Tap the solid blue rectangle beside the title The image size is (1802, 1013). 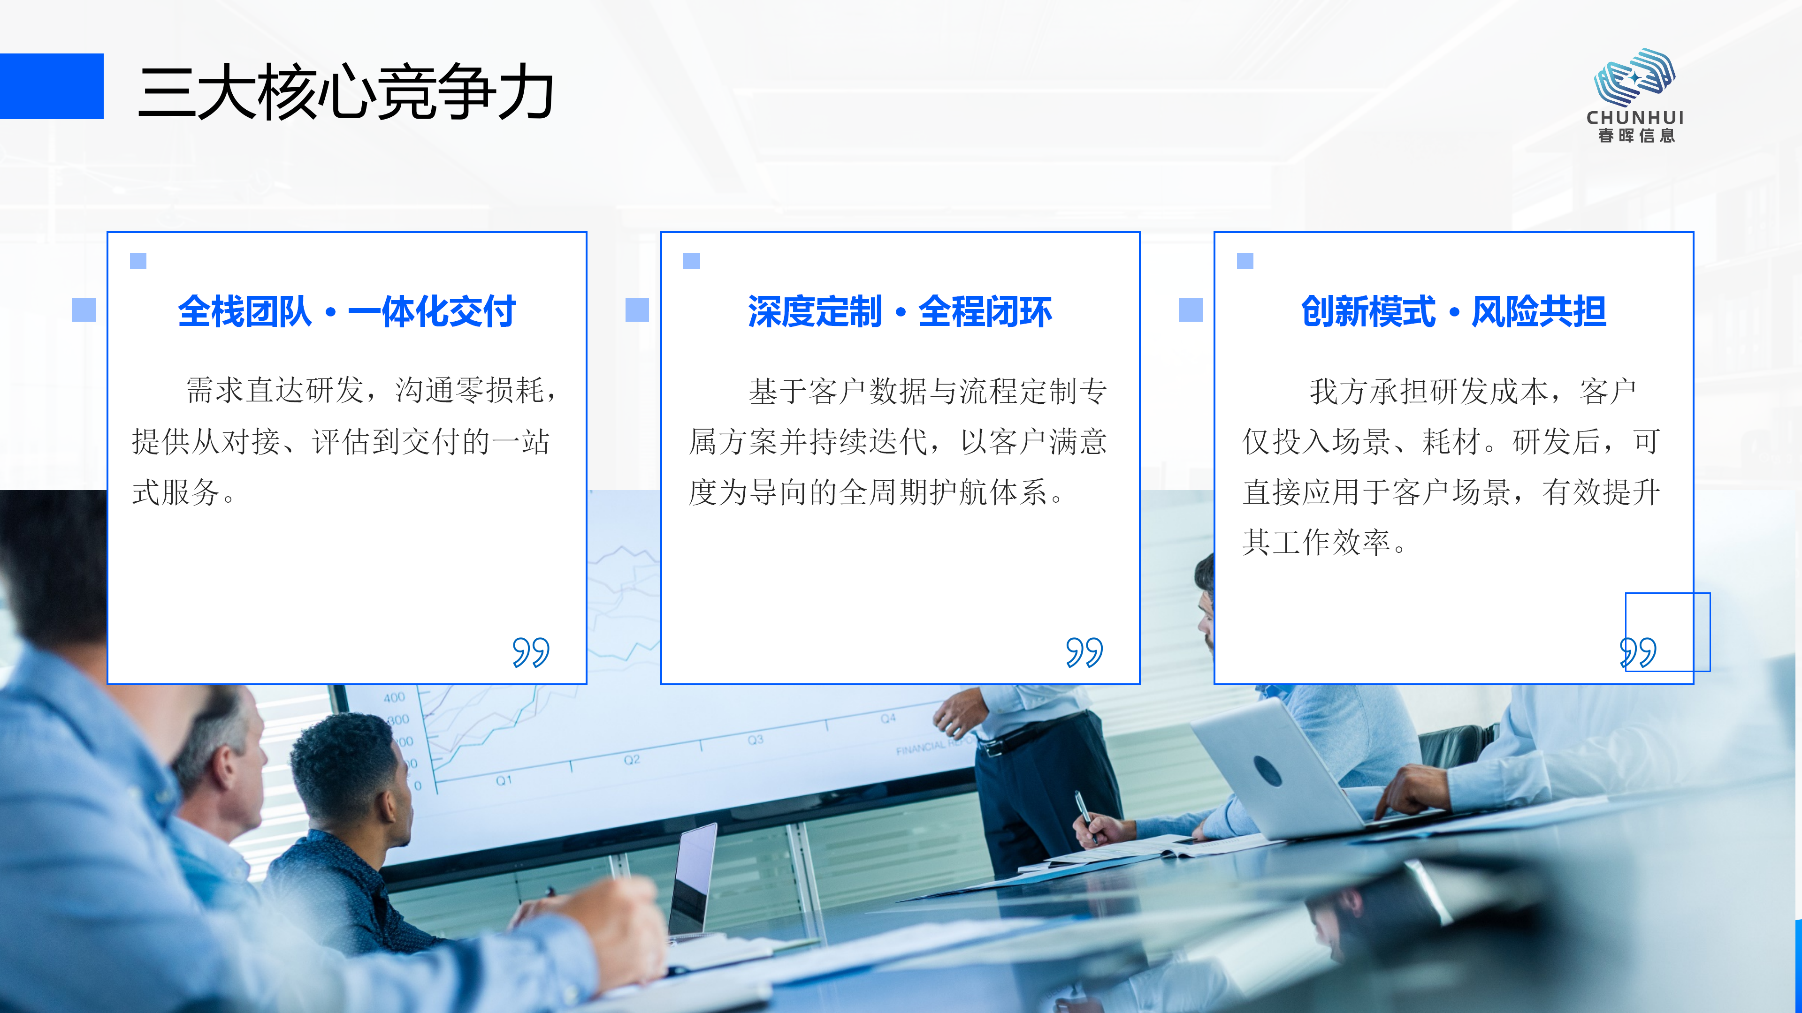(x=52, y=86)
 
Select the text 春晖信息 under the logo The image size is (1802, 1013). (x=1636, y=136)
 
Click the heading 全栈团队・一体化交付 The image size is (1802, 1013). (x=347, y=311)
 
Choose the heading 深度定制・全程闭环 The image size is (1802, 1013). (x=900, y=311)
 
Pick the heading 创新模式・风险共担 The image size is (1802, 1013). (x=1454, y=311)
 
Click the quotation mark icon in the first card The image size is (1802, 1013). (x=531, y=652)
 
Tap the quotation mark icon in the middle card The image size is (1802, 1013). (x=1084, y=652)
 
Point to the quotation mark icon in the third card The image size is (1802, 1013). (x=1638, y=652)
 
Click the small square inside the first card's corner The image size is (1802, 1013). (x=138, y=261)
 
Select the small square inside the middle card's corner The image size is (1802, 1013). (x=692, y=261)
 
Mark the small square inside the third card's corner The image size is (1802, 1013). (x=1245, y=261)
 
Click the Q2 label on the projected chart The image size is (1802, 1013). (x=632, y=759)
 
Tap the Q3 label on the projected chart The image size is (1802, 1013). (x=756, y=740)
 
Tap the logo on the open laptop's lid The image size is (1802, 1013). (x=1268, y=771)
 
